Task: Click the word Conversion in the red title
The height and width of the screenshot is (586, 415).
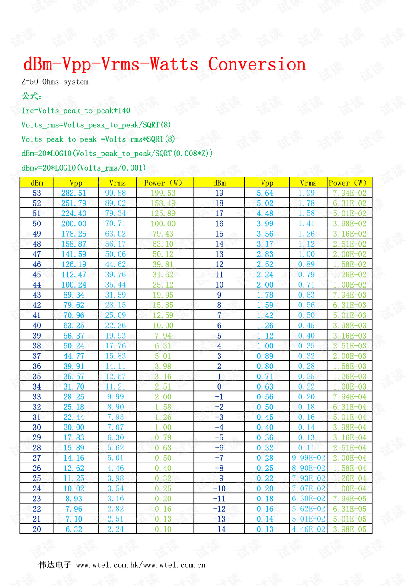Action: [x=257, y=64]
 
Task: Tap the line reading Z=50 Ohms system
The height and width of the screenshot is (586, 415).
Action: [x=55, y=82]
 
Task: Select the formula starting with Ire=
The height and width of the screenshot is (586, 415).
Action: [x=76, y=111]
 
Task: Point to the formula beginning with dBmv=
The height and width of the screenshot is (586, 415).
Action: [x=83, y=168]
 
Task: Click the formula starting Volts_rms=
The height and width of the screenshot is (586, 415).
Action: [x=96, y=125]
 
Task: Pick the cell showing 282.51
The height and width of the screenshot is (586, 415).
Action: [x=73, y=193]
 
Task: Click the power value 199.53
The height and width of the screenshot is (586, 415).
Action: [x=163, y=193]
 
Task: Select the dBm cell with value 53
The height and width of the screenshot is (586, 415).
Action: [x=37, y=193]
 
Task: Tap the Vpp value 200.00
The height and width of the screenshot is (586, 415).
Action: [x=73, y=224]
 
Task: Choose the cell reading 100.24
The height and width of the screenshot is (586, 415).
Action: [x=73, y=285]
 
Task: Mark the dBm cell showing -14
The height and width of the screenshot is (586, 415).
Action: [x=219, y=529]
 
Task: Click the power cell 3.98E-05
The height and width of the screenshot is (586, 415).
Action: [x=349, y=529]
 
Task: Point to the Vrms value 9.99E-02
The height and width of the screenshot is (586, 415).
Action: [x=308, y=458]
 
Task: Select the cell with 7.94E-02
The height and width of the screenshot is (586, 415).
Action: [x=349, y=193]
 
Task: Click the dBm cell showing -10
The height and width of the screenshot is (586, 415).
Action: [x=219, y=489]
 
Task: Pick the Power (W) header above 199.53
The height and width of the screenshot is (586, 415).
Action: [x=163, y=183]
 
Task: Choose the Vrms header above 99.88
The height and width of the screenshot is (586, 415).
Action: [x=117, y=183]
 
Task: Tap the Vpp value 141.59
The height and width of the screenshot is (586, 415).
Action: [x=73, y=254]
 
